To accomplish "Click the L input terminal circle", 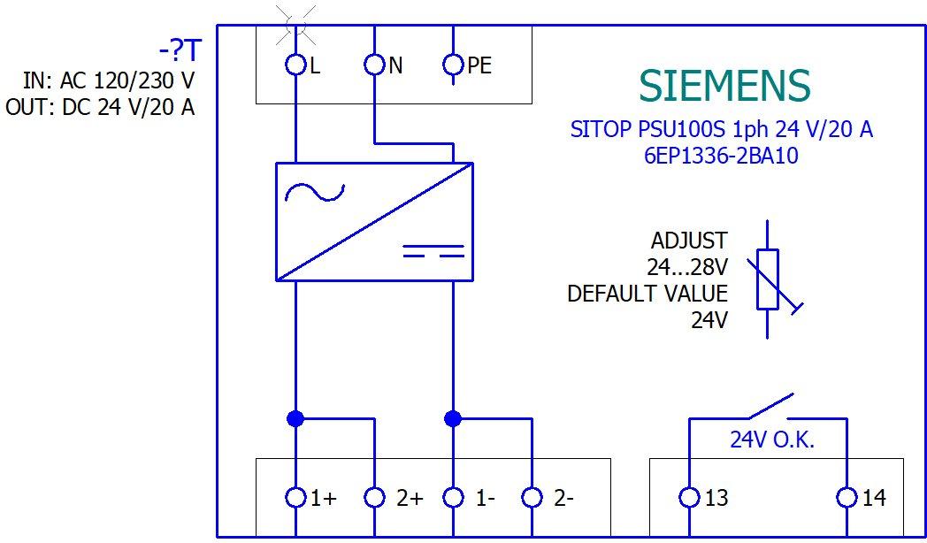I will tap(295, 65).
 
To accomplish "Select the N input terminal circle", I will tap(375, 65).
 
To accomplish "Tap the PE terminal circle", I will tap(453, 65).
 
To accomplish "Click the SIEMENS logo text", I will tap(724, 86).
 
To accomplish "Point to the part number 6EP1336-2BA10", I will tap(722, 155).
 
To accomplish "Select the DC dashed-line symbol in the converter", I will tap(433, 251).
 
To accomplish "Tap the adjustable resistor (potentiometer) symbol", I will tap(768, 279).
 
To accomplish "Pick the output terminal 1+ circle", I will tap(295, 497).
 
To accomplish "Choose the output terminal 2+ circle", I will tap(375, 497).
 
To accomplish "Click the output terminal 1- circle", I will tap(453, 497).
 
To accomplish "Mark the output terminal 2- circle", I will tap(532, 497).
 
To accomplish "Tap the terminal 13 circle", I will tap(688, 497).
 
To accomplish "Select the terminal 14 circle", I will tap(847, 497).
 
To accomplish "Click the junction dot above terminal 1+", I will tap(295, 417).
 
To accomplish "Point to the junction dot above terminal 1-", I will tap(453, 417).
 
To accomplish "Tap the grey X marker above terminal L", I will tap(295, 24).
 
